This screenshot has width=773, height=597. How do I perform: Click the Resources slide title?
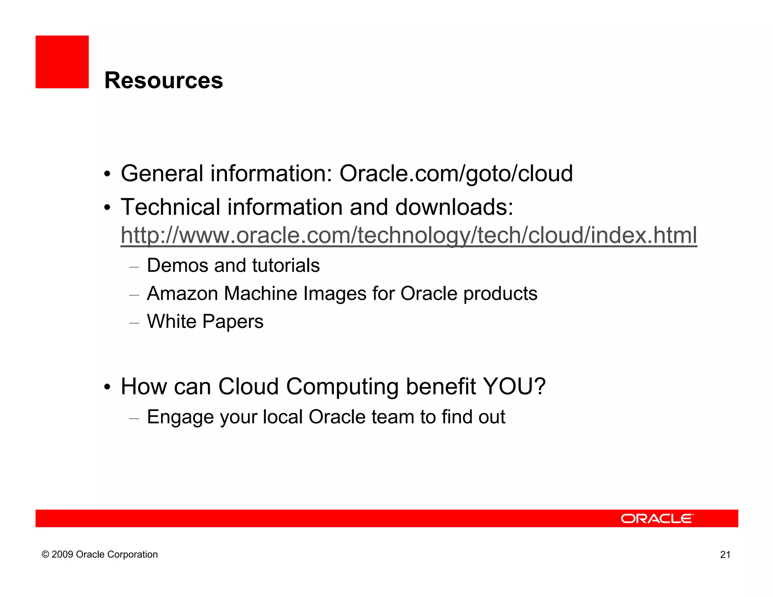point(163,80)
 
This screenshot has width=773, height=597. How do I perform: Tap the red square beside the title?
point(62,62)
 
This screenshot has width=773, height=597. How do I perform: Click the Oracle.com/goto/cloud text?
point(456,174)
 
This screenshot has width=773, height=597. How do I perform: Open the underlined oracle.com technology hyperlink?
point(408,235)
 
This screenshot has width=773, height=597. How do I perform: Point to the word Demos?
point(177,265)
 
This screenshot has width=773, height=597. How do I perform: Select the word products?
point(500,294)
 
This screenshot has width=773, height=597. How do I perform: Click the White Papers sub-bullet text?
point(205,322)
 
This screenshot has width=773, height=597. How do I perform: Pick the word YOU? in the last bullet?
point(514,386)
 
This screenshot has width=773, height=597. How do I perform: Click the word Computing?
point(342,387)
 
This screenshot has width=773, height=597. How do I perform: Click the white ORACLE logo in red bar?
point(657,519)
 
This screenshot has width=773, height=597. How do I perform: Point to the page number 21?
point(725,555)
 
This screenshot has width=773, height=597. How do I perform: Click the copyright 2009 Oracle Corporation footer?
point(100,554)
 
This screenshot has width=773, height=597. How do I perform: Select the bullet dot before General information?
point(108,175)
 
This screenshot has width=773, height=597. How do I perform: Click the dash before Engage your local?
point(134,418)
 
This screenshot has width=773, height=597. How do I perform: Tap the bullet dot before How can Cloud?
point(108,388)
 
